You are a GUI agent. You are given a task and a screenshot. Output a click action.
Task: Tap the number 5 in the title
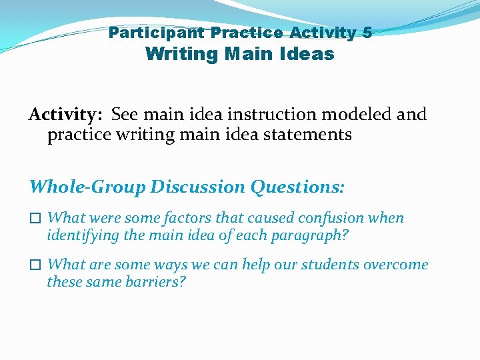[367, 32]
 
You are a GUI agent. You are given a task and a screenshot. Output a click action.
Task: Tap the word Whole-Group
[87, 187]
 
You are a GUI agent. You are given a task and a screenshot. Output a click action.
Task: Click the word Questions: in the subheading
[298, 187]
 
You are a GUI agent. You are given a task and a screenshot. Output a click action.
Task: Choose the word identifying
[79, 235]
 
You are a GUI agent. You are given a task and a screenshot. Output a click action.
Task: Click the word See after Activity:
[125, 115]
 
